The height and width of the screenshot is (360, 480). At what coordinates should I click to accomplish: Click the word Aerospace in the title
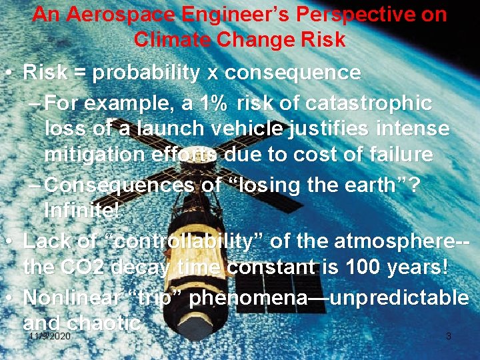(111, 15)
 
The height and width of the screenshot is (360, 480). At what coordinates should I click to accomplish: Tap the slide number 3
(448, 337)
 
